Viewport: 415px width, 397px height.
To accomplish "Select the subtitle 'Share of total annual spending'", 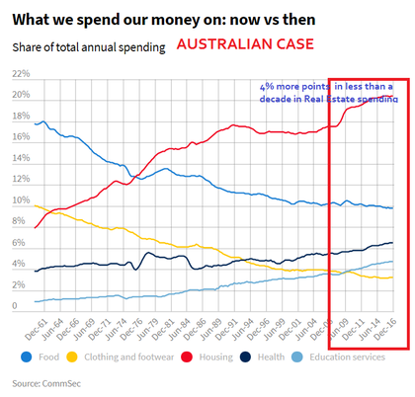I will pos(89,46).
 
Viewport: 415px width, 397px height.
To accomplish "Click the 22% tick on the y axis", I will pos(20,73).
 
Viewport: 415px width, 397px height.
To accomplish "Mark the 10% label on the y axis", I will pos(20,200).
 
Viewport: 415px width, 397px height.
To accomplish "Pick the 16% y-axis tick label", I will pos(20,137).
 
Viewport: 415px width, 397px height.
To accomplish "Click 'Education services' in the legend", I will pos(346,357).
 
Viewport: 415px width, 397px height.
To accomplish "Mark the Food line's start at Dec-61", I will pos(35,123).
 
